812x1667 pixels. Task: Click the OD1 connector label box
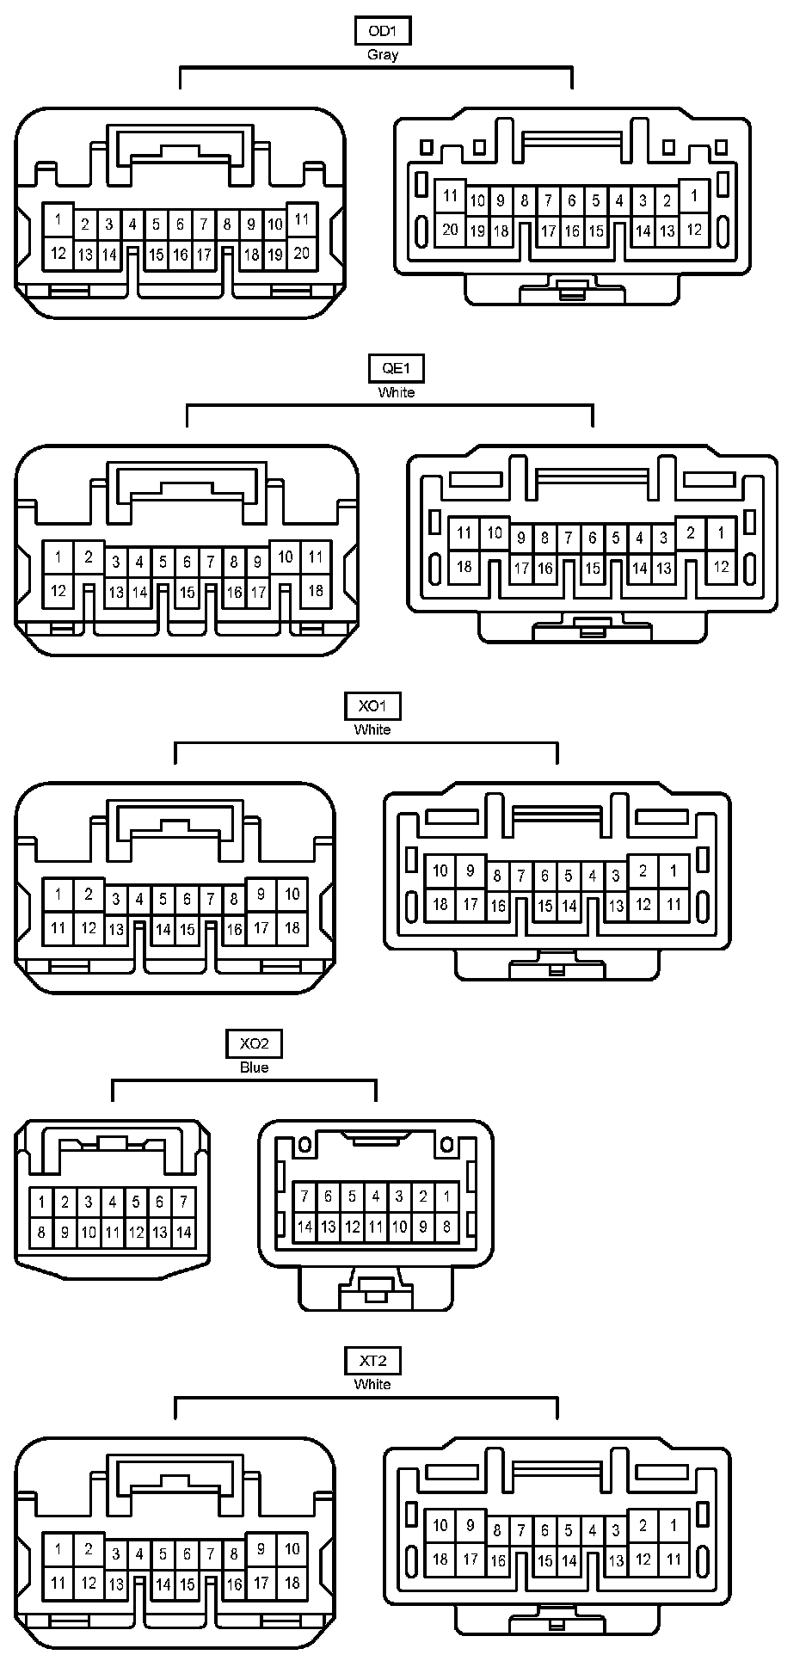(383, 31)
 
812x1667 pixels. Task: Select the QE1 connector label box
(396, 368)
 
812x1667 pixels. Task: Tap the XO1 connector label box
(372, 706)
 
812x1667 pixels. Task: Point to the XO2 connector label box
(254, 1043)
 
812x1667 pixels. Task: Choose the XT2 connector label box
(372, 1361)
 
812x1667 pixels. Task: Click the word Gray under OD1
(383, 55)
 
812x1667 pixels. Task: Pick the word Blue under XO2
(254, 1067)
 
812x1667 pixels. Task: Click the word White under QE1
(396, 392)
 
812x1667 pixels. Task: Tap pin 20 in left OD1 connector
(301, 253)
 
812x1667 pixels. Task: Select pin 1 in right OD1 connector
(694, 195)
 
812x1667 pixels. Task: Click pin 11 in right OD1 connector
(450, 195)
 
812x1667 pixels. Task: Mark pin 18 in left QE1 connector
(316, 590)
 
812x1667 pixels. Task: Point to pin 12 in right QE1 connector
(721, 566)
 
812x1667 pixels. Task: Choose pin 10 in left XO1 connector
(292, 894)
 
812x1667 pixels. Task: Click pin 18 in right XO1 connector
(440, 904)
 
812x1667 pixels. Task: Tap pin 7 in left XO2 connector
(183, 1202)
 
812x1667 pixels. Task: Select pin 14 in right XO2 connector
(304, 1227)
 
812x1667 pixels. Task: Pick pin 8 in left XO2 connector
(40, 1232)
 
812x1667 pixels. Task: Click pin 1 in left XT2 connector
(58, 1549)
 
